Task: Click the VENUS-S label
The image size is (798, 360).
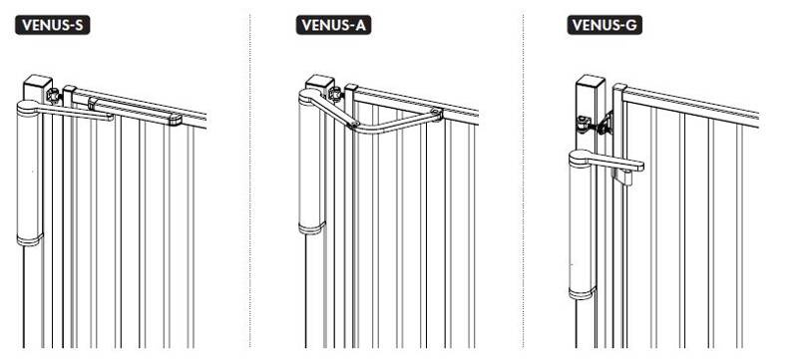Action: click(53, 25)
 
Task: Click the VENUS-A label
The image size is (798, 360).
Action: click(333, 25)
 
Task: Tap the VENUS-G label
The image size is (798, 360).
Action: click(604, 25)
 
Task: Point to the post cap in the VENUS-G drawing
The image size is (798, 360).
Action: click(591, 81)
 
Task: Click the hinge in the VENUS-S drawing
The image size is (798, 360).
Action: click(54, 95)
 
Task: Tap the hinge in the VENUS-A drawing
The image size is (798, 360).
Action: click(336, 95)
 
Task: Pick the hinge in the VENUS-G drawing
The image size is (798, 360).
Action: click(594, 125)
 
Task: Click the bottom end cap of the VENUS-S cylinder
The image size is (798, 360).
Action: click(30, 239)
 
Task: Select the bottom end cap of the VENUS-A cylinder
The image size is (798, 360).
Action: click(312, 227)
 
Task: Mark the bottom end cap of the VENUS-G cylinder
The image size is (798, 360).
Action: click(583, 293)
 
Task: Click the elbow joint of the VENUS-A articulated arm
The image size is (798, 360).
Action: click(354, 124)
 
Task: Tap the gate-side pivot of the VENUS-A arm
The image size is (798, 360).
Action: click(435, 113)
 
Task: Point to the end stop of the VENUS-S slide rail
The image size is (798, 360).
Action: click(176, 121)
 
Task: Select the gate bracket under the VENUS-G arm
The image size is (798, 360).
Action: click(622, 176)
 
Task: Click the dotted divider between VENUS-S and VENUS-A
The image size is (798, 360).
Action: click(250, 180)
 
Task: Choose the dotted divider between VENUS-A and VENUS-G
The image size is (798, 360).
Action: click(523, 180)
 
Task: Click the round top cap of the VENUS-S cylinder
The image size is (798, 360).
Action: click(29, 108)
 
